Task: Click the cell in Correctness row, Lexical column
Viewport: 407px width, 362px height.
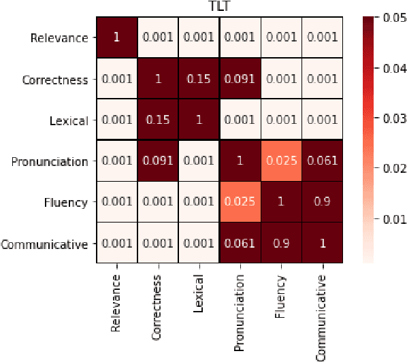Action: (x=199, y=80)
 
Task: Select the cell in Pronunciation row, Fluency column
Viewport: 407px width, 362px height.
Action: (x=282, y=161)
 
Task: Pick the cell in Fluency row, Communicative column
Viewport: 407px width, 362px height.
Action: (x=323, y=202)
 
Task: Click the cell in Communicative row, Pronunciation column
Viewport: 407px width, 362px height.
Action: (x=241, y=243)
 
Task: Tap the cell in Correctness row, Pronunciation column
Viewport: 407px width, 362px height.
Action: (x=241, y=80)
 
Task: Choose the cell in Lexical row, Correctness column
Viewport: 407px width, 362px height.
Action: (x=158, y=120)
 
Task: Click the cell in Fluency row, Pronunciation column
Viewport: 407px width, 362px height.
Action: (x=241, y=202)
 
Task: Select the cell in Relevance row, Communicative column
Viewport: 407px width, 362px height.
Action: (x=323, y=38)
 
